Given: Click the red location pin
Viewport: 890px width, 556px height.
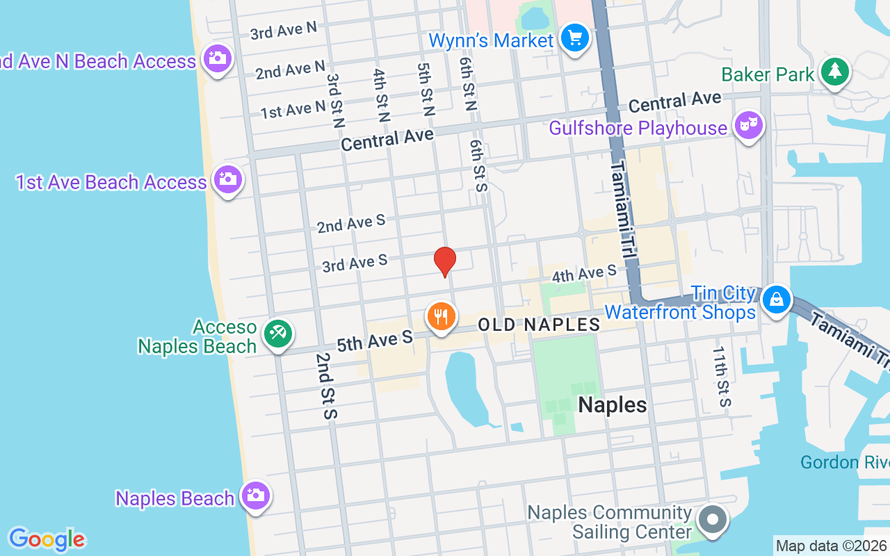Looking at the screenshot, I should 445,261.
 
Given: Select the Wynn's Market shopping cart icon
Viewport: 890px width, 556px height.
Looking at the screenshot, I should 575,38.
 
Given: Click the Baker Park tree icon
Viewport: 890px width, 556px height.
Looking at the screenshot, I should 835,72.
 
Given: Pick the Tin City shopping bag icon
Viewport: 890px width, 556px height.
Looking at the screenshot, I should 777,300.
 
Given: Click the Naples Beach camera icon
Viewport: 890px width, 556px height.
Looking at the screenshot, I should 255,496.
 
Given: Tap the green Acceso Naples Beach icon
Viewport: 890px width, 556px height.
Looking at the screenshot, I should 277,334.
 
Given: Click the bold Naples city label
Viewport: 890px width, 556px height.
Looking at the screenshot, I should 613,404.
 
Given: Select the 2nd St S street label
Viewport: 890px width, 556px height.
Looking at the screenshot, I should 325,386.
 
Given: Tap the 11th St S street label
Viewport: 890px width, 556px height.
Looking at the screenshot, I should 722,378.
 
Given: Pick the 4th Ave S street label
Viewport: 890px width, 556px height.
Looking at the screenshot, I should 584,273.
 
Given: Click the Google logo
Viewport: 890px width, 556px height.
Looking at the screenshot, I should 47,539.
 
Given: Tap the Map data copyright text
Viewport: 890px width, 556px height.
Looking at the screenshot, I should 832,546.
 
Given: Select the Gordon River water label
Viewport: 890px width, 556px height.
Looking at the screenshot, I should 844,462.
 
